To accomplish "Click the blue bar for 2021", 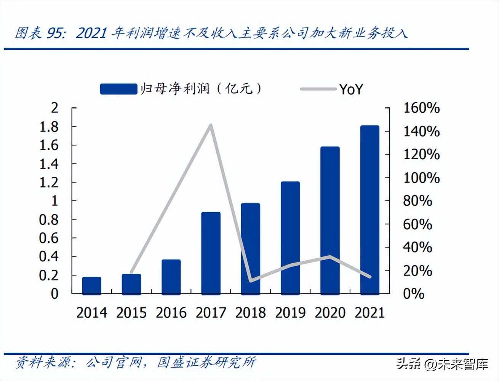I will [x=369, y=210].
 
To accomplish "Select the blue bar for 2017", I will [x=211, y=253].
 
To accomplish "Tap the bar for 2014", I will [x=91, y=286].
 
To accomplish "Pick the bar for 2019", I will [x=290, y=238].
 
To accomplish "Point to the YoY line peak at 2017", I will [x=211, y=125].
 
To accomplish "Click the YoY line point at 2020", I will [x=330, y=256].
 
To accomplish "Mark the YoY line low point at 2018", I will [x=250, y=281].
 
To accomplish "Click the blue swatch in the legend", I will [x=118, y=89].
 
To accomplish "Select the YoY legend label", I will [x=351, y=89].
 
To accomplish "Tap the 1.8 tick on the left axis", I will [x=49, y=126].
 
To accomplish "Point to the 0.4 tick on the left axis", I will [x=49, y=256].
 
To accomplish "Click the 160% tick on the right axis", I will [x=421, y=108].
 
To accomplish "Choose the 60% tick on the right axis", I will [x=417, y=224].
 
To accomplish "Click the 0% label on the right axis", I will [x=414, y=294].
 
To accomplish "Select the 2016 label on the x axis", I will [x=171, y=313].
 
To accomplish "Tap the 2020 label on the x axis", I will [x=330, y=313].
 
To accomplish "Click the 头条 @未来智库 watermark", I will [x=442, y=364].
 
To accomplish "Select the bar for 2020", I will [x=330, y=221].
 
